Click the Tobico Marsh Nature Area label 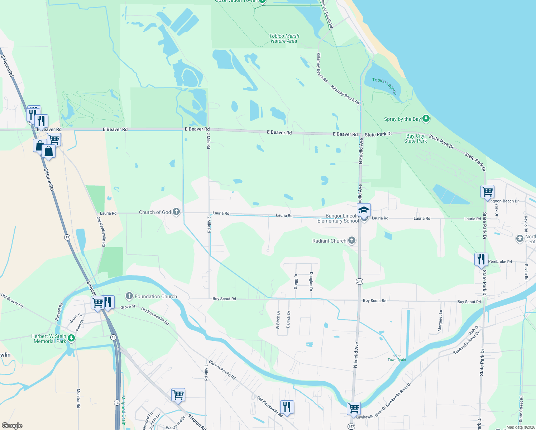[x=284, y=38]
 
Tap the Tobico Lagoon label [x=384, y=86]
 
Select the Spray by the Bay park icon [x=426, y=119]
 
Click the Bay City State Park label [x=415, y=138]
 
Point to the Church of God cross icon [x=176, y=212]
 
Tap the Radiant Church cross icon [x=352, y=240]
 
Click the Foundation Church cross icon [x=129, y=296]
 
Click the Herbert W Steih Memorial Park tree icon [x=71, y=338]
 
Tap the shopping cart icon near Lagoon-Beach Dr [x=487, y=192]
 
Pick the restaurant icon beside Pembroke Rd [x=481, y=259]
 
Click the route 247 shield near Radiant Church [x=359, y=281]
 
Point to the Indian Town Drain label [x=397, y=358]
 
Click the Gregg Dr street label [x=296, y=281]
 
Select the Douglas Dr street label [x=311, y=281]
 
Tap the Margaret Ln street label [x=440, y=321]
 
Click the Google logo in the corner [x=12, y=426]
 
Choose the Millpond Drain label [x=123, y=410]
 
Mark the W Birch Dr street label [x=278, y=320]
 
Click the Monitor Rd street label [x=78, y=398]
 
